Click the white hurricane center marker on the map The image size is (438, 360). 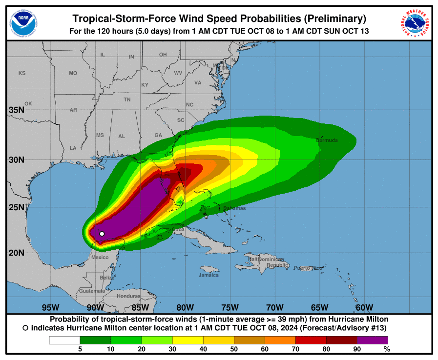tap(102, 234)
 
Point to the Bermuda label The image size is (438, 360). tap(327, 140)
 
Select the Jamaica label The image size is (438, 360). tap(209, 275)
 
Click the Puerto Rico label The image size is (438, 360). tap(308, 268)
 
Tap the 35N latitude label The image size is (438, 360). tap(17, 110)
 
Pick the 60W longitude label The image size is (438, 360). tap(364, 307)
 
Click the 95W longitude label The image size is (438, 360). tap(51, 307)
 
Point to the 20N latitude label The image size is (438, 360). tap(17, 253)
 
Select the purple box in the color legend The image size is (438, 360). tap(372, 340)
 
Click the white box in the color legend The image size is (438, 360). tap(64, 340)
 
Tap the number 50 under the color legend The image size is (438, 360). tap(234, 349)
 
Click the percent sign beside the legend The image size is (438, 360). tap(387, 349)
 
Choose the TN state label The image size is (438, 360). tap(127, 100)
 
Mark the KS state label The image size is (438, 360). tap(21, 73)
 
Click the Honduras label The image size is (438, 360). tap(129, 296)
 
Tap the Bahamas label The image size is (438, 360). tap(234, 208)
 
